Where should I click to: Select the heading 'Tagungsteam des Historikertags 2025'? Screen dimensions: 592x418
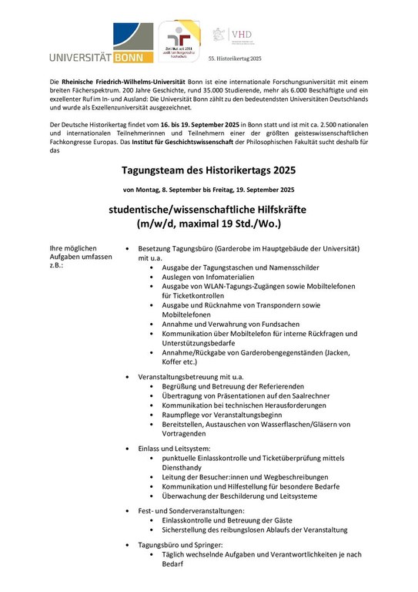pos(209,170)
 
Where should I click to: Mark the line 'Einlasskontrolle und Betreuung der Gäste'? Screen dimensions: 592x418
pos(238,520)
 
